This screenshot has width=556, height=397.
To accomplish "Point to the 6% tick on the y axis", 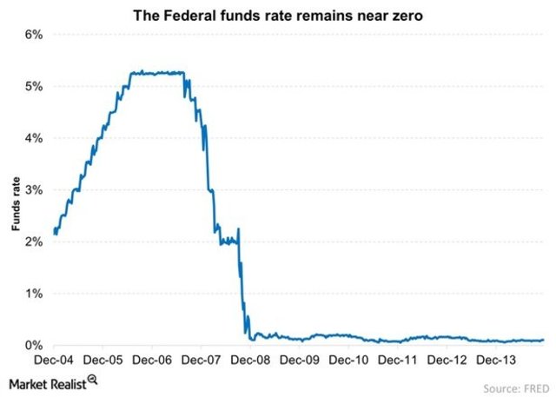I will coord(34,35).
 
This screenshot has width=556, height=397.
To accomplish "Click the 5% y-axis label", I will coord(34,87).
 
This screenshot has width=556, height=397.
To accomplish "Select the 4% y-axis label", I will coord(34,138).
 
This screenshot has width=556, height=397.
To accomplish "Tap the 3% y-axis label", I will coord(34,190).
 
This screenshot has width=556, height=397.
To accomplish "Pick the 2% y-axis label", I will coord(34,242).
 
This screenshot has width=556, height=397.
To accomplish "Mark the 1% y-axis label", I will coord(34,294).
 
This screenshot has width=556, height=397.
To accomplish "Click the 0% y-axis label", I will coord(34,345).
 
